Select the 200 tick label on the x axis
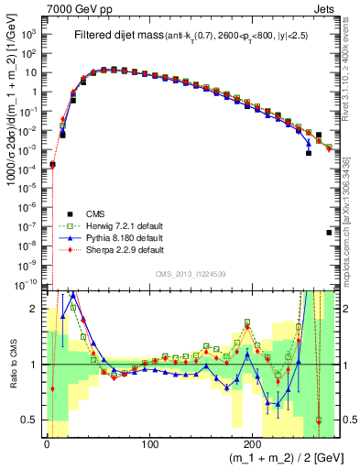[x=253, y=443]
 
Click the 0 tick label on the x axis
[x=47, y=443]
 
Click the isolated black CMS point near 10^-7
[x=329, y=233]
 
